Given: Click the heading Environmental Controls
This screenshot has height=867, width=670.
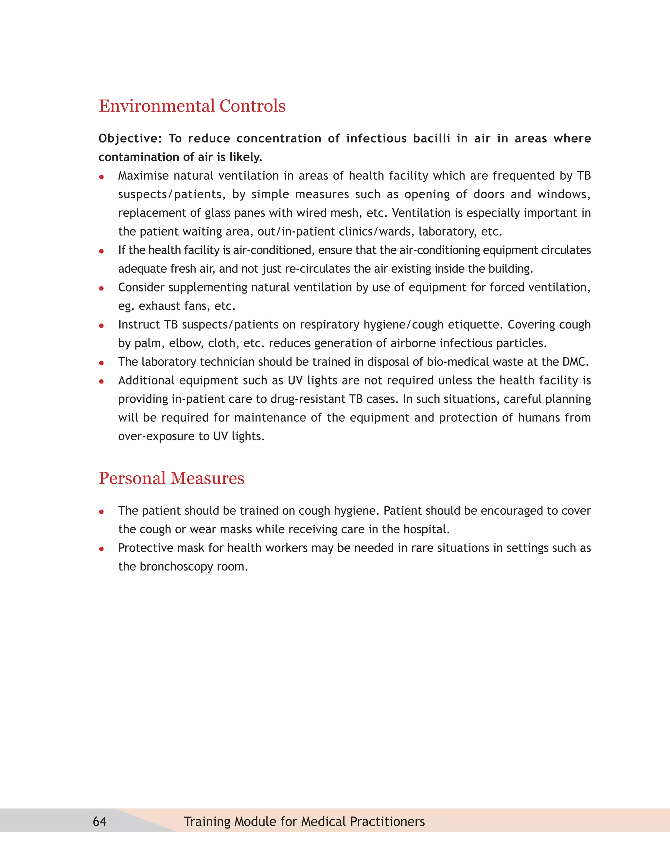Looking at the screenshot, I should coord(192,106).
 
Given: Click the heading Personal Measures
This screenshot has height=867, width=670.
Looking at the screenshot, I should coord(171,478).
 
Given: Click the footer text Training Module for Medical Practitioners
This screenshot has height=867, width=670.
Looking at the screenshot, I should coord(304,821).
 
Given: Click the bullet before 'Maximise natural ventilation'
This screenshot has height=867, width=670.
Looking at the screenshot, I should coord(102,177).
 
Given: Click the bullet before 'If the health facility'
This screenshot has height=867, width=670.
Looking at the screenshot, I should coord(102,251).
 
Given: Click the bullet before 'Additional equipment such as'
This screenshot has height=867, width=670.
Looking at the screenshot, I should coord(102,381).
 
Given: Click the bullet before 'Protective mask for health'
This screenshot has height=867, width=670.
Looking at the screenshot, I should coord(102,549).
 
